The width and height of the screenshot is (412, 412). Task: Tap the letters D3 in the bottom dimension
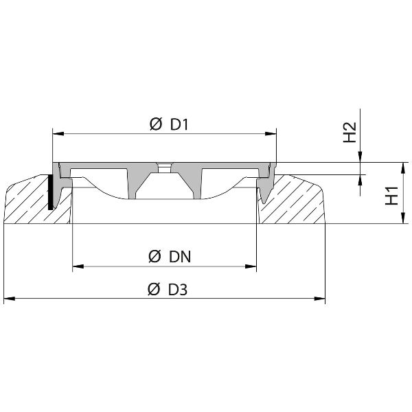point(178,290)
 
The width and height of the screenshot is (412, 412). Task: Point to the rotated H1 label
point(392,196)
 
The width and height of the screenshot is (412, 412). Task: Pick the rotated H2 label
point(350,133)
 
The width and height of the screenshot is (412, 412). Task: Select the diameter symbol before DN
point(154,257)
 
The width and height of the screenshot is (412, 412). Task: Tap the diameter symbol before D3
point(154,290)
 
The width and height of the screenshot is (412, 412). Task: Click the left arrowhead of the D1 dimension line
point(57,133)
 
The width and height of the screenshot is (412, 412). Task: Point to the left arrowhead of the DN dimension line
point(77,265)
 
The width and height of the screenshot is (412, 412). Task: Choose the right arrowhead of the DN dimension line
point(252,265)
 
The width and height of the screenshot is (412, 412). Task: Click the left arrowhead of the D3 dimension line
point(9,298)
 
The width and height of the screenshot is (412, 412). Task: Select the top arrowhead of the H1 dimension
point(399,167)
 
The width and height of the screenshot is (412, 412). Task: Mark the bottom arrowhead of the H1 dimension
point(399,220)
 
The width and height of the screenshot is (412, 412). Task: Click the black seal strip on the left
point(51,192)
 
